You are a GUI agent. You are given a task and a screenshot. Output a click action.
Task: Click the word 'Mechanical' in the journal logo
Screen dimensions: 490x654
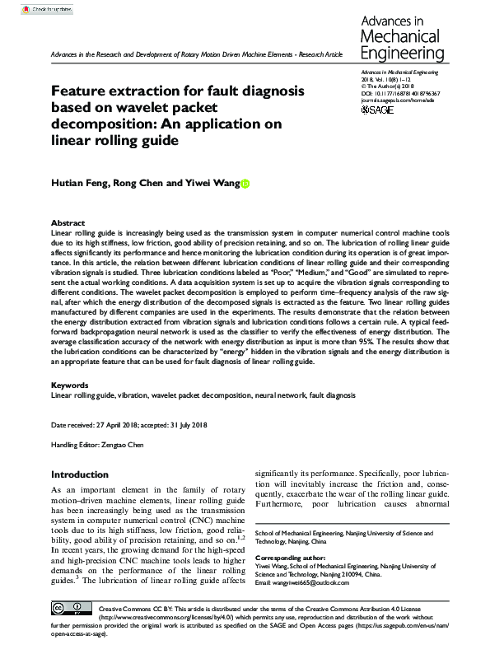pyautogui.click(x=404, y=36)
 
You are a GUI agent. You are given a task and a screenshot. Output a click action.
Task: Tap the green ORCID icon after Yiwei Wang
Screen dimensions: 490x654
pyautogui.click(x=245, y=187)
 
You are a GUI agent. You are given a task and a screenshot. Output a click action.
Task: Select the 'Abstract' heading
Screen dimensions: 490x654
pyautogui.click(x=68, y=223)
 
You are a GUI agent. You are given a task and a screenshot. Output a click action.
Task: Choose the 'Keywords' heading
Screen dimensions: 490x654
pyautogui.click(x=71, y=385)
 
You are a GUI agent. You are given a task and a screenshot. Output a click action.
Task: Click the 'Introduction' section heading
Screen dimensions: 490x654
pyautogui.click(x=86, y=474)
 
